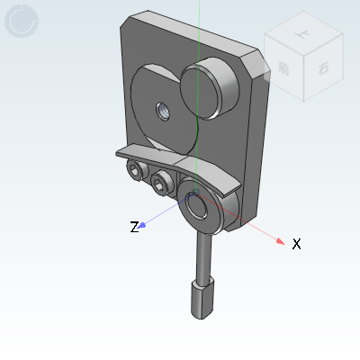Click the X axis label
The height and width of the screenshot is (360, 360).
coord(296,244)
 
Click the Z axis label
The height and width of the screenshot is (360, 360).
coord(134,227)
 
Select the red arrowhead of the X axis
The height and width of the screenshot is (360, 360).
coord(281,240)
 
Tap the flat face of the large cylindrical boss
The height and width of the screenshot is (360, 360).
coord(204,84)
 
